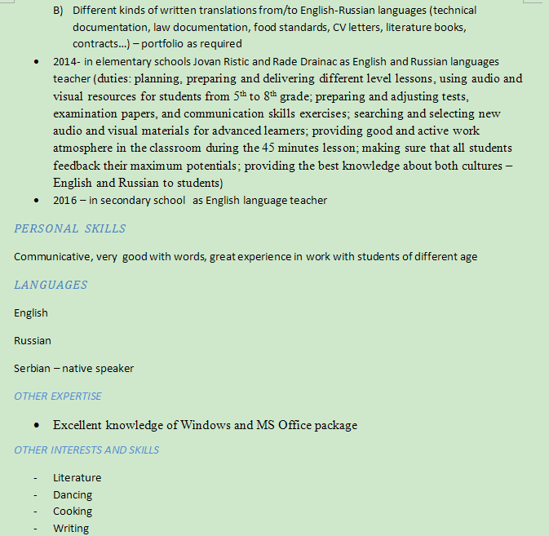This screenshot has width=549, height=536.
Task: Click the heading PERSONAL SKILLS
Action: (70, 229)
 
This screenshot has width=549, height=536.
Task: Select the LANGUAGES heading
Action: (51, 286)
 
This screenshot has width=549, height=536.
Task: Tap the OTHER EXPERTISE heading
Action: (58, 396)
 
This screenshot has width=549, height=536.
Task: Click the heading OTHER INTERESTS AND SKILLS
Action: (86, 450)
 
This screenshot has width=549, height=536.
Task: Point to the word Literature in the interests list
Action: (77, 478)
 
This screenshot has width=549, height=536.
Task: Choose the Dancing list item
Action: (73, 495)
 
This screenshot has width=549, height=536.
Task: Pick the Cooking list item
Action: (73, 512)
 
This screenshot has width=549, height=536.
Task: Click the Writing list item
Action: (71, 529)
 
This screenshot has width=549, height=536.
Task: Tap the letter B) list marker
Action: (58, 11)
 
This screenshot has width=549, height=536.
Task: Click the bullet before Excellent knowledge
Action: (37, 425)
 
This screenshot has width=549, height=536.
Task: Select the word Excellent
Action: (77, 425)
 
